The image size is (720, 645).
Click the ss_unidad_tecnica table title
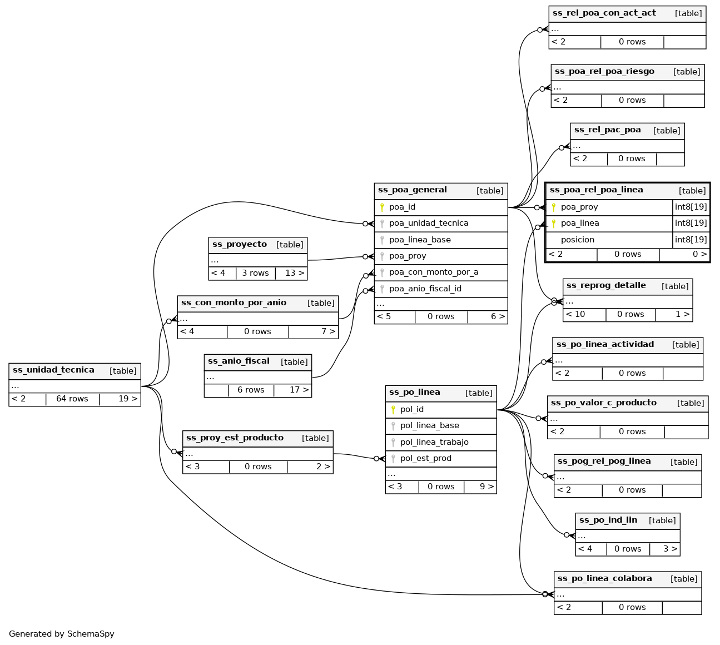53,370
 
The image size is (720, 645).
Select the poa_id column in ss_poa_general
402,207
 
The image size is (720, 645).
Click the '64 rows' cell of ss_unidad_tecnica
72,399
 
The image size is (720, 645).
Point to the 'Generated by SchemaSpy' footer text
62,634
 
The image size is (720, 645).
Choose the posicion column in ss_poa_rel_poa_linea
577,240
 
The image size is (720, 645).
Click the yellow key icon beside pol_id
393,410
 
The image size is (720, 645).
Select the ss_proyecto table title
240,245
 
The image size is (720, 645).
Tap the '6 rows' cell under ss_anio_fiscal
251,390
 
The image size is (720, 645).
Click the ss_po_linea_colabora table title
604,579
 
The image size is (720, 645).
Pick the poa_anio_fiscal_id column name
425,289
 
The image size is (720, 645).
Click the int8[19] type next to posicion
691,240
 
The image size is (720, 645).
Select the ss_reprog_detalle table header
606,286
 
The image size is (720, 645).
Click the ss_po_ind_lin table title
608,520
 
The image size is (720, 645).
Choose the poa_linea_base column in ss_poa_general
420,240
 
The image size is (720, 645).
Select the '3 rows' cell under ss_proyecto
255,274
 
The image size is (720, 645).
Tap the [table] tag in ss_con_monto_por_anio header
321,303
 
